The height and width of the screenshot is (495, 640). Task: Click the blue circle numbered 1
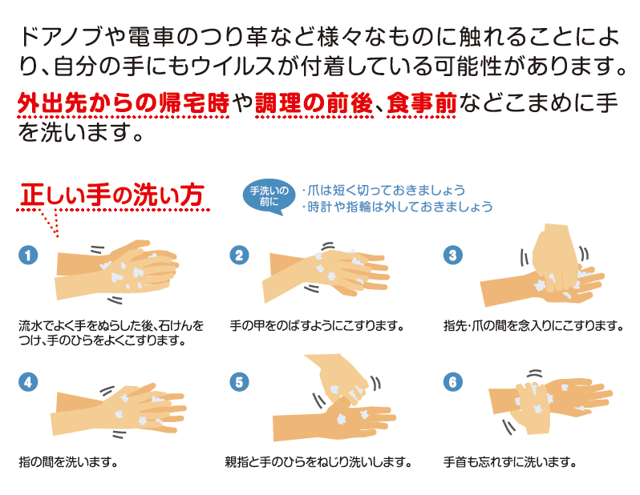(28, 256)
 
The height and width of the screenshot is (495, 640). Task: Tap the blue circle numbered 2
(239, 256)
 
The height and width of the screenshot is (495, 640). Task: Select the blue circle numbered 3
(452, 256)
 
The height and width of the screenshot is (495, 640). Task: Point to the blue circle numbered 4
(28, 382)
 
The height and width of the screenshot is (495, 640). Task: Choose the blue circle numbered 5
(239, 382)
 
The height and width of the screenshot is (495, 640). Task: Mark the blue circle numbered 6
(452, 382)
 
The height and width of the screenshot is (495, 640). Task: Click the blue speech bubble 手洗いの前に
(269, 196)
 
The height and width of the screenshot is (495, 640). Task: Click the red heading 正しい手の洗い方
(112, 195)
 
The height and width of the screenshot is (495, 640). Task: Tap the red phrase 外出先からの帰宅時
(124, 103)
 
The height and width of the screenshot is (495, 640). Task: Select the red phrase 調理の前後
(314, 103)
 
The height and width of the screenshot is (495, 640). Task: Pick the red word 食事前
(421, 103)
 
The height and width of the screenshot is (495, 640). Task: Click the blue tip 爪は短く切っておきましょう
(383, 190)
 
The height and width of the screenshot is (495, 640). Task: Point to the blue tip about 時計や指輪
(398, 207)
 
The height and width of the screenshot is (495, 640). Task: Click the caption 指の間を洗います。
(69, 462)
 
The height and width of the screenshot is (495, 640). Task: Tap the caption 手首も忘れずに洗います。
(510, 462)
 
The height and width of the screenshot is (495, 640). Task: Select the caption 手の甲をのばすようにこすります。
(317, 326)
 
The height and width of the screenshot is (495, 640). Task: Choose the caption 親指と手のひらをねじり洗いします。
(318, 462)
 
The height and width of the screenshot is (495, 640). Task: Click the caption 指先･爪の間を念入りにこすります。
(534, 326)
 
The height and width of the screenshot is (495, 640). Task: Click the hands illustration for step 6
(550, 402)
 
